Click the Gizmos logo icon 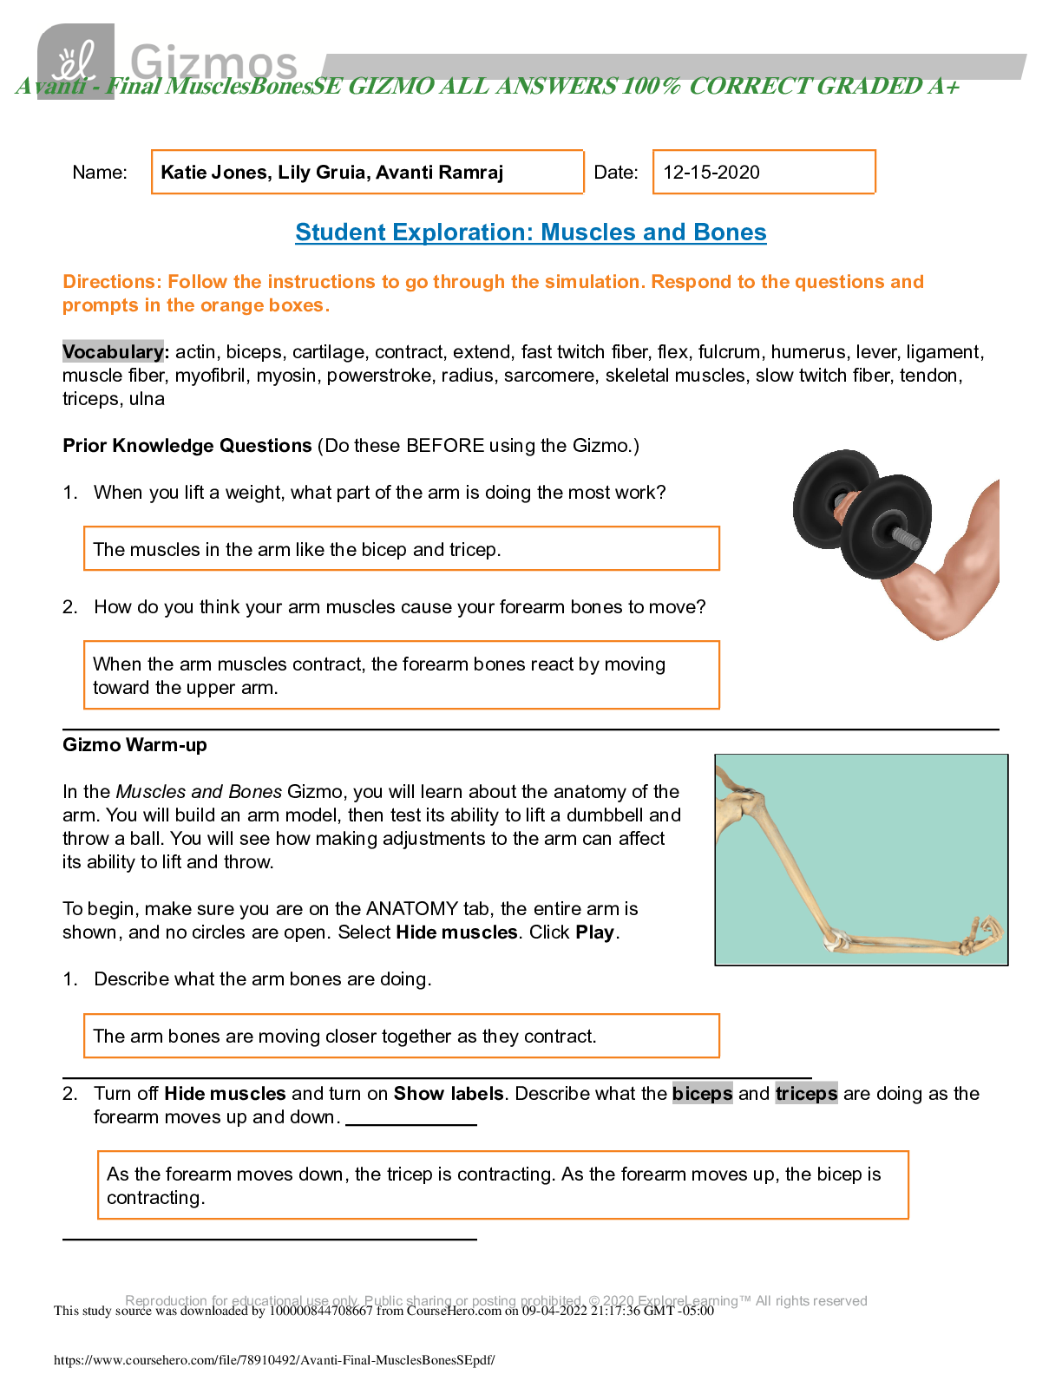click(x=75, y=61)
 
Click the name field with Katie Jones click(x=367, y=172)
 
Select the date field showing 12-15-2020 click(x=764, y=172)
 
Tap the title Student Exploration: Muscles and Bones click(x=530, y=232)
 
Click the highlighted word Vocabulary click(x=113, y=351)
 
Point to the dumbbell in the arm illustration click(x=862, y=514)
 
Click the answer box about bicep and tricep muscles click(x=401, y=549)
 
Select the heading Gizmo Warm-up click(x=134, y=745)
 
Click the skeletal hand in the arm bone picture click(x=982, y=935)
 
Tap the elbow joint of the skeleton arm click(x=836, y=939)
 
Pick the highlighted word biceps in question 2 click(x=702, y=1094)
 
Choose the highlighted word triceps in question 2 click(x=806, y=1094)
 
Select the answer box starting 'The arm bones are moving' click(x=401, y=1036)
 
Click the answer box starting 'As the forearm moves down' click(x=502, y=1185)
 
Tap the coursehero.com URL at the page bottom click(x=274, y=1360)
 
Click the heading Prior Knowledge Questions click(x=187, y=446)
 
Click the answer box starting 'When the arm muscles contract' click(x=401, y=675)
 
